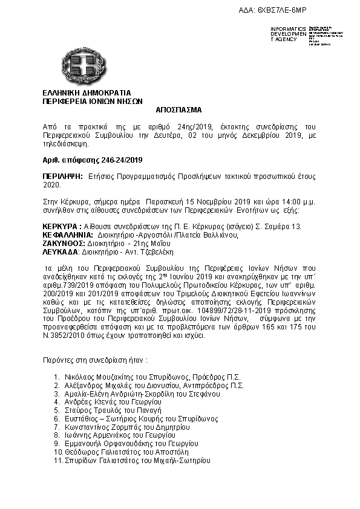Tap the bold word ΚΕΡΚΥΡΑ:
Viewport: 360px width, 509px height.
58,225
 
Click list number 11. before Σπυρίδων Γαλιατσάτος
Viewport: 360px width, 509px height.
58,460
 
